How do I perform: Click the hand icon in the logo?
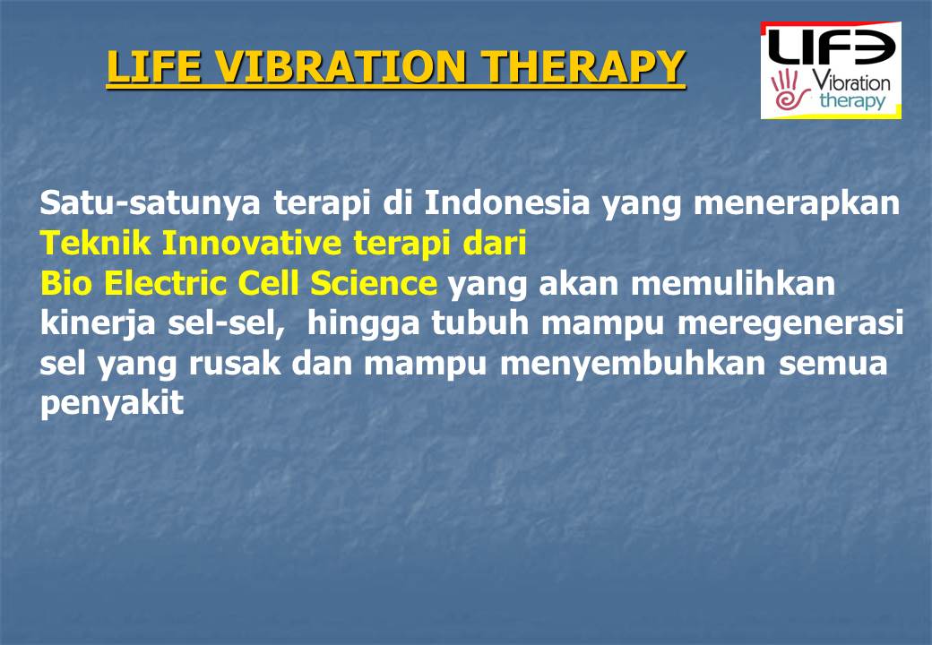pyautogui.click(x=786, y=90)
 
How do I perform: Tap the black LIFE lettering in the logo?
pyautogui.click(x=831, y=47)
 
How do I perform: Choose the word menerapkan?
pyautogui.click(x=798, y=203)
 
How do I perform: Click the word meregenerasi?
pyautogui.click(x=790, y=324)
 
